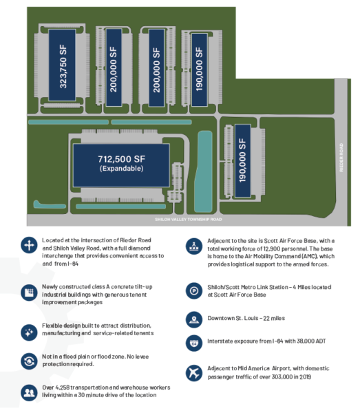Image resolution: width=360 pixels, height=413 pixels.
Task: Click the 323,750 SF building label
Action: pyautogui.click(x=63, y=66)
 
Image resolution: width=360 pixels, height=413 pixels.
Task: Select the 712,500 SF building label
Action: pyautogui.click(x=121, y=159)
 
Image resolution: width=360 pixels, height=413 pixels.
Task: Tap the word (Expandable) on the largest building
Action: pyautogui.click(x=121, y=169)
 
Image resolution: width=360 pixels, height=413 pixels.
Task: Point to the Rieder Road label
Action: pyautogui.click(x=341, y=158)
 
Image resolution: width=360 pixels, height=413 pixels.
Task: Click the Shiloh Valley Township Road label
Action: pyautogui.click(x=189, y=220)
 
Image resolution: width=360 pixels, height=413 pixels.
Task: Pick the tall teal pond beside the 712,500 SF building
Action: pyautogui.click(x=203, y=171)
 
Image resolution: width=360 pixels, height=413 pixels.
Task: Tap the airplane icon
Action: pyautogui.click(x=194, y=373)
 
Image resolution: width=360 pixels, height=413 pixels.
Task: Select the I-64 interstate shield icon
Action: pyautogui.click(x=194, y=343)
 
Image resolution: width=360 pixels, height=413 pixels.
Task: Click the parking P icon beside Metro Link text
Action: pyautogui.click(x=194, y=291)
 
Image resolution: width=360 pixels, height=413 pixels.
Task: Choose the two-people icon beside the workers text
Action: pyautogui.click(x=29, y=393)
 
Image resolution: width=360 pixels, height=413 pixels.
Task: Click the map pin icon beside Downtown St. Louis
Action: pyautogui.click(x=194, y=320)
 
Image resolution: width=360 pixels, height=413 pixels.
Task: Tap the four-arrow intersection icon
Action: pyautogui.click(x=29, y=245)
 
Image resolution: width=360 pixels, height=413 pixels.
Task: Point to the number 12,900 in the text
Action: pyautogui.click(x=272, y=248)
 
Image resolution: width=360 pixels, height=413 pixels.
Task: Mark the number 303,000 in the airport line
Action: pyautogui.click(x=282, y=377)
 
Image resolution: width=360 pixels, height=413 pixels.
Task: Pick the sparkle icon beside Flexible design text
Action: pyautogui.click(x=29, y=332)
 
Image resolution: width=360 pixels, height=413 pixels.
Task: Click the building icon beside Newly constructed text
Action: pyautogui.click(x=29, y=293)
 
